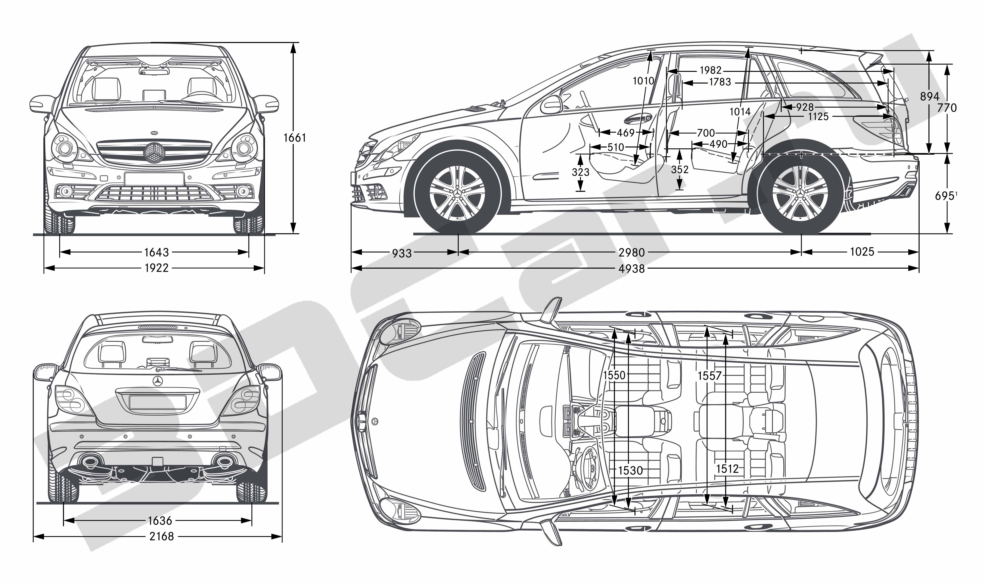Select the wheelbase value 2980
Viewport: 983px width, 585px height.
click(x=632, y=252)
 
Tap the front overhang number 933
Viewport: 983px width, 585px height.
click(x=402, y=253)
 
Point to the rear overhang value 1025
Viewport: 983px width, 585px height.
click(x=862, y=252)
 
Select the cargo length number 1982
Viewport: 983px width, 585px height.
click(x=711, y=70)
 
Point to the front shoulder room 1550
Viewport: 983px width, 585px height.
click(x=614, y=375)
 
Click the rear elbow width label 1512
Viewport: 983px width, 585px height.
click(x=727, y=469)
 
